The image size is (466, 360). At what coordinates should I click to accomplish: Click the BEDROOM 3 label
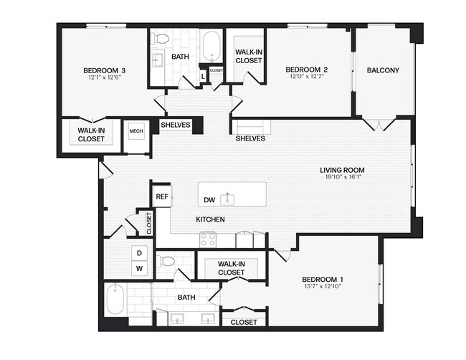tap(105, 70)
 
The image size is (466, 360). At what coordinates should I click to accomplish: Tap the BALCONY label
tap(382, 70)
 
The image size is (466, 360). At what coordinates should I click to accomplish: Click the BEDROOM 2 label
tap(307, 70)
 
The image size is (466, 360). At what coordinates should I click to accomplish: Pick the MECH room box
tap(135, 132)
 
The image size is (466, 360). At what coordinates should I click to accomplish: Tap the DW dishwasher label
tap(209, 199)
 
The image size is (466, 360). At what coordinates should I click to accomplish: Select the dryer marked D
tap(139, 253)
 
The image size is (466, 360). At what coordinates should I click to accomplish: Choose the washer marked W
tap(139, 269)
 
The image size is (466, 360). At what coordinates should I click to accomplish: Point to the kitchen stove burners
tap(208, 239)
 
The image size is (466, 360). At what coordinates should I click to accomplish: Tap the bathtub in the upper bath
tap(211, 47)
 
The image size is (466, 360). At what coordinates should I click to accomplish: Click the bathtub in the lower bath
tap(116, 299)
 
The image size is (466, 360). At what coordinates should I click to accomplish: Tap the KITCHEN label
tap(211, 219)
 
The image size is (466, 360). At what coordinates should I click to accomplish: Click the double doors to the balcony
tap(377, 125)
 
